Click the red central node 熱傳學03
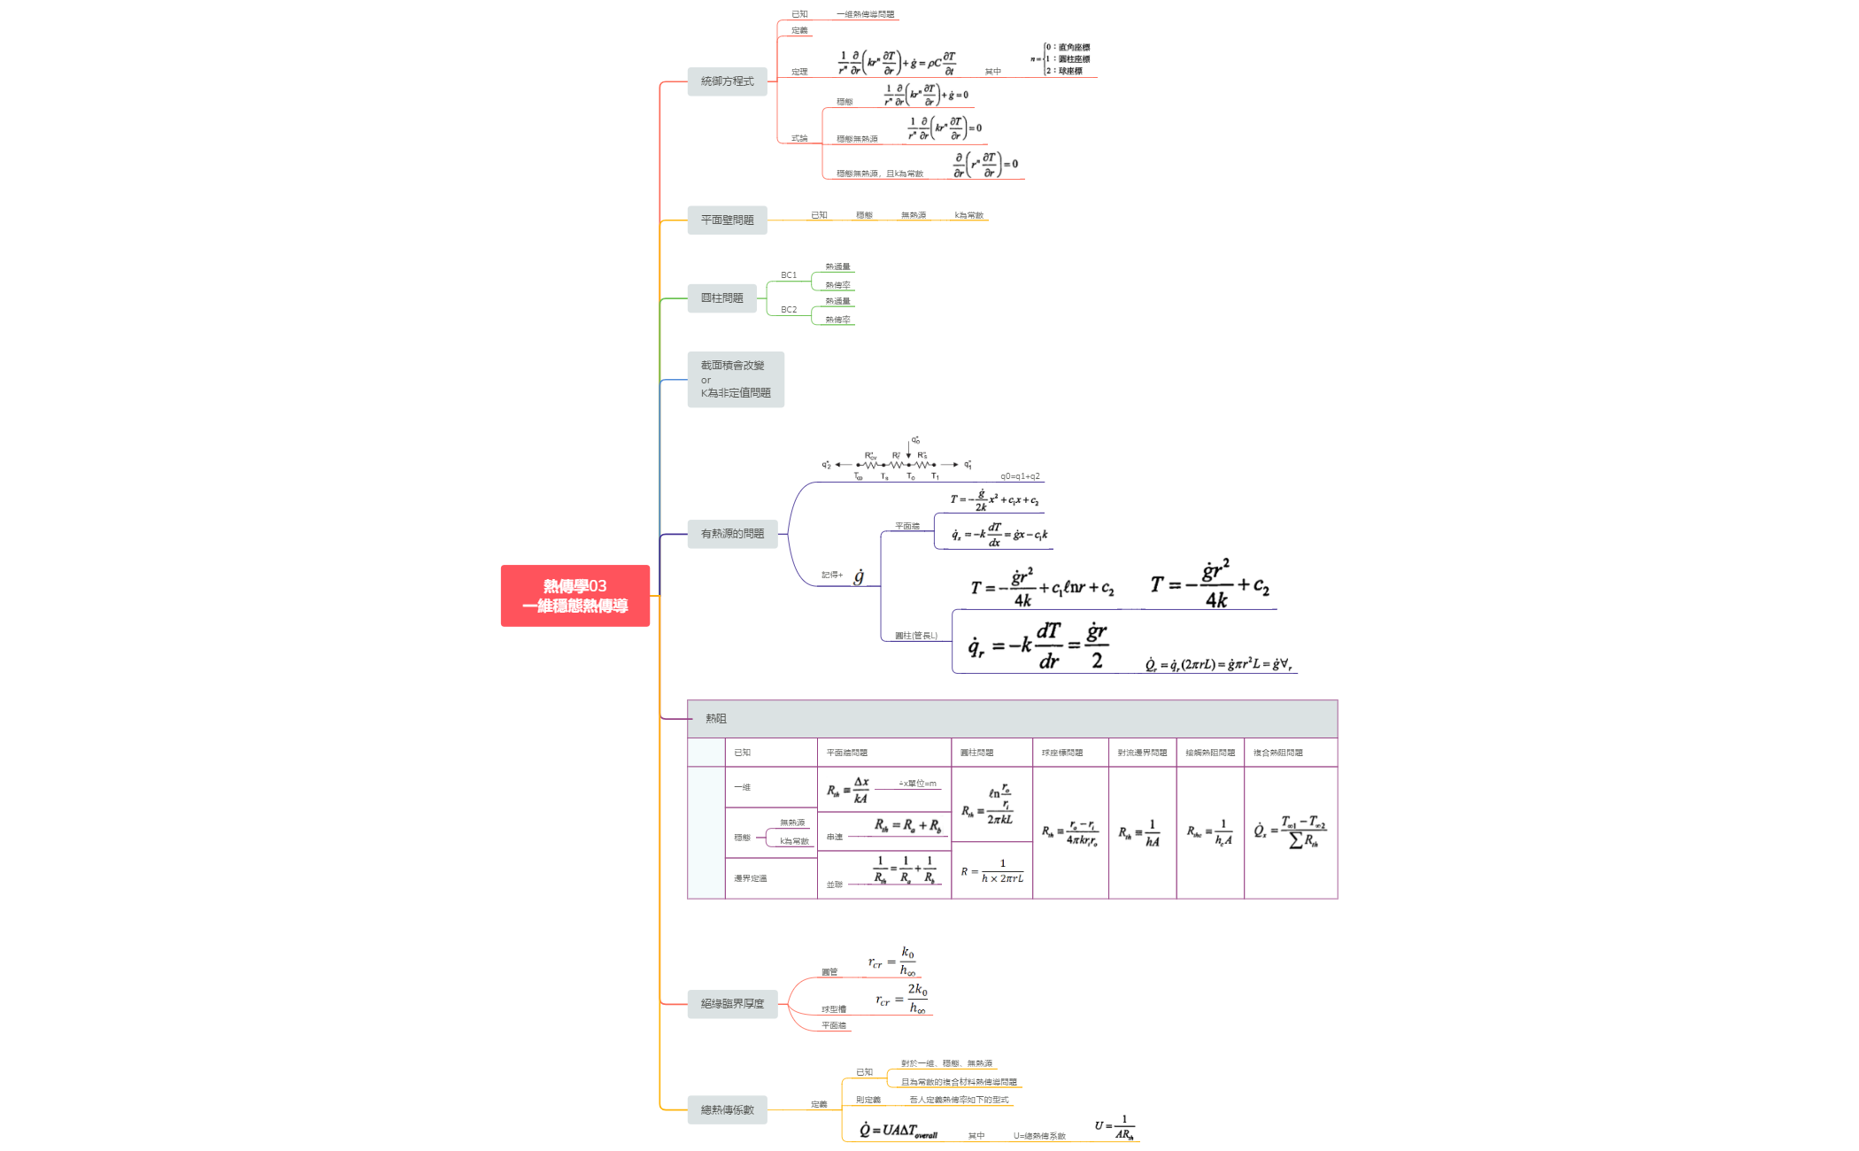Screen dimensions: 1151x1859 click(575, 595)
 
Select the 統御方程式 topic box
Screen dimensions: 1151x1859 click(727, 81)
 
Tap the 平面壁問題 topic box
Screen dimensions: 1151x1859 click(727, 220)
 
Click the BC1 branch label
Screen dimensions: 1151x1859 click(788, 275)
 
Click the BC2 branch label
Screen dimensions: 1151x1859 click(788, 310)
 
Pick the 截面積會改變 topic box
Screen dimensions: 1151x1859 click(735, 379)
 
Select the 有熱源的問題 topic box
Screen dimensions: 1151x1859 click(732, 534)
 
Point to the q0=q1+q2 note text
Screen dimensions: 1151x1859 click(1020, 476)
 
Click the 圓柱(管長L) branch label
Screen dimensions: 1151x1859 click(915, 635)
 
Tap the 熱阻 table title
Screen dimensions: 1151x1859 click(715, 719)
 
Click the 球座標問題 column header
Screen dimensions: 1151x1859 click(1061, 753)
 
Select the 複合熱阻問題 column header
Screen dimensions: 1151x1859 click(1277, 753)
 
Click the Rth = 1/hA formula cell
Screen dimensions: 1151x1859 click(1140, 832)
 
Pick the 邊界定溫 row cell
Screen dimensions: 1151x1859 click(750, 878)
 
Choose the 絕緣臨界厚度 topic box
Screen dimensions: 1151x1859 click(732, 1004)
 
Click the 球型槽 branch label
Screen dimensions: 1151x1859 click(833, 1009)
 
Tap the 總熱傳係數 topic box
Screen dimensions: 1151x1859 click(727, 1109)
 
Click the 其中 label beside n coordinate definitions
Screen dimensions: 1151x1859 click(992, 72)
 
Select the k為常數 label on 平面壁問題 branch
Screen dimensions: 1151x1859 click(968, 215)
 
